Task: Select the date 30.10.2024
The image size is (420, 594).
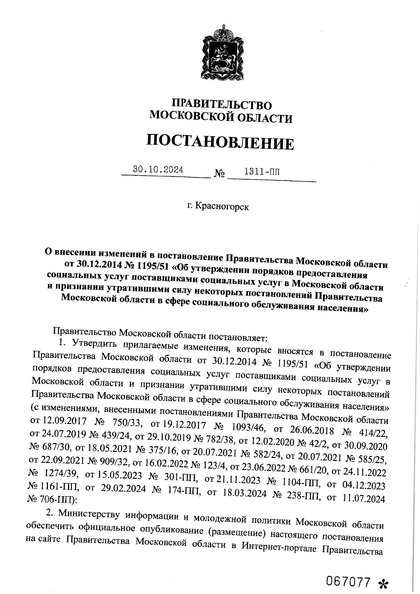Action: click(158, 170)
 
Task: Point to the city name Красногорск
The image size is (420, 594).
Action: click(222, 207)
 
